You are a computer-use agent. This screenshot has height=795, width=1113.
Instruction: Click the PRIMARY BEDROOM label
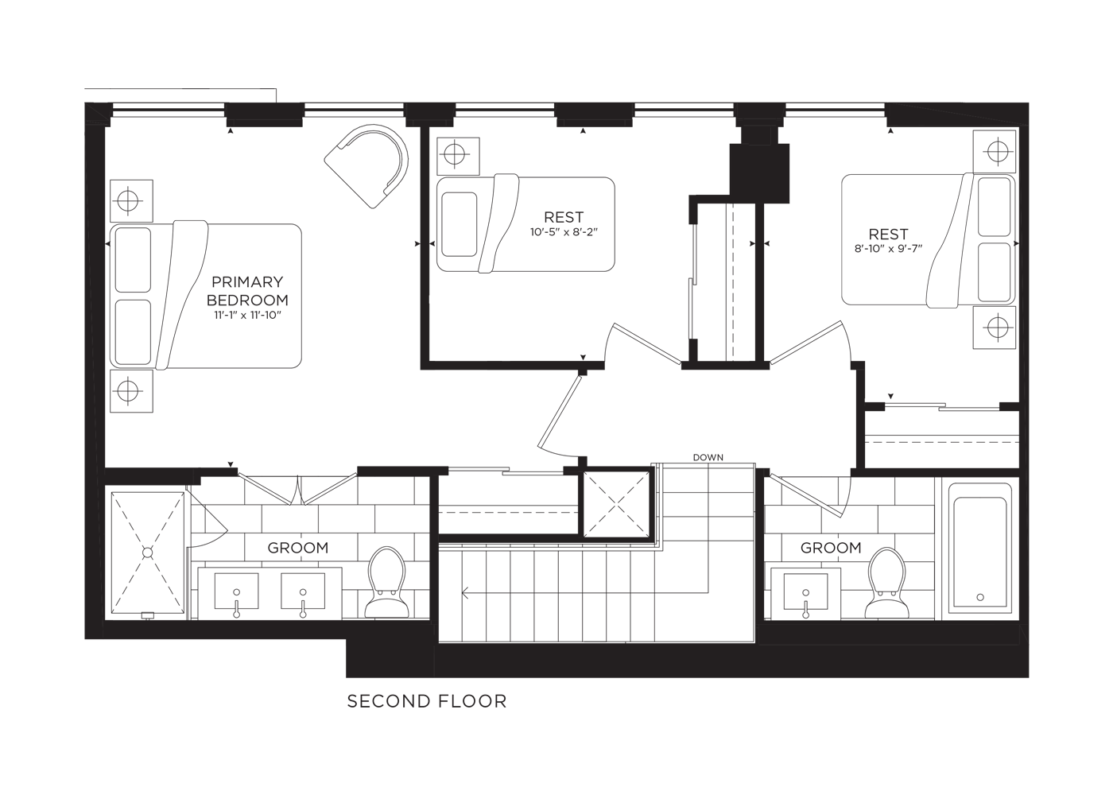click(x=247, y=291)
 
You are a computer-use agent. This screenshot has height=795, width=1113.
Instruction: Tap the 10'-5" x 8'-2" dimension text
click(x=564, y=232)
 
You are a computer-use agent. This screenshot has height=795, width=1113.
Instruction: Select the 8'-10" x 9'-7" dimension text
click(x=888, y=249)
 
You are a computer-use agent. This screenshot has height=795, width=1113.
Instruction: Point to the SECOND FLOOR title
click(x=427, y=701)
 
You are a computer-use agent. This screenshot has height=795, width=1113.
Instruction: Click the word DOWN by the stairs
click(x=708, y=457)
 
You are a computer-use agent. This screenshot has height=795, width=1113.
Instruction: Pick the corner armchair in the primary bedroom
click(x=366, y=166)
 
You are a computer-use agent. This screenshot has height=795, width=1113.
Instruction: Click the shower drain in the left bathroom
click(x=148, y=553)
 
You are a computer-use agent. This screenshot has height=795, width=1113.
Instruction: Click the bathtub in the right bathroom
click(x=979, y=552)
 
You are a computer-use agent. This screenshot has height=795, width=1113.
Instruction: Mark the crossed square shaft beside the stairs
click(x=616, y=504)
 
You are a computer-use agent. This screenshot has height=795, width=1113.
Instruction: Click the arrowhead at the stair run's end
click(x=465, y=592)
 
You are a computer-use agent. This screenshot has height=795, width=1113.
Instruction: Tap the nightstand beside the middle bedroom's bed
click(x=458, y=156)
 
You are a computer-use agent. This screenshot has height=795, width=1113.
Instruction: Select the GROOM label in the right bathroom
click(x=831, y=548)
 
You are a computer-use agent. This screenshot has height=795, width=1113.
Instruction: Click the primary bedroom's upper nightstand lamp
click(x=128, y=200)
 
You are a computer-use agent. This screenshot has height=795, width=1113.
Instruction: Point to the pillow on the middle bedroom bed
click(x=460, y=224)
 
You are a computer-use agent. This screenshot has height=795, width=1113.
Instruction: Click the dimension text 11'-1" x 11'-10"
click(x=247, y=316)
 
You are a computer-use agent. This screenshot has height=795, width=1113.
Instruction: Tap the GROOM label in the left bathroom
click(x=298, y=548)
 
